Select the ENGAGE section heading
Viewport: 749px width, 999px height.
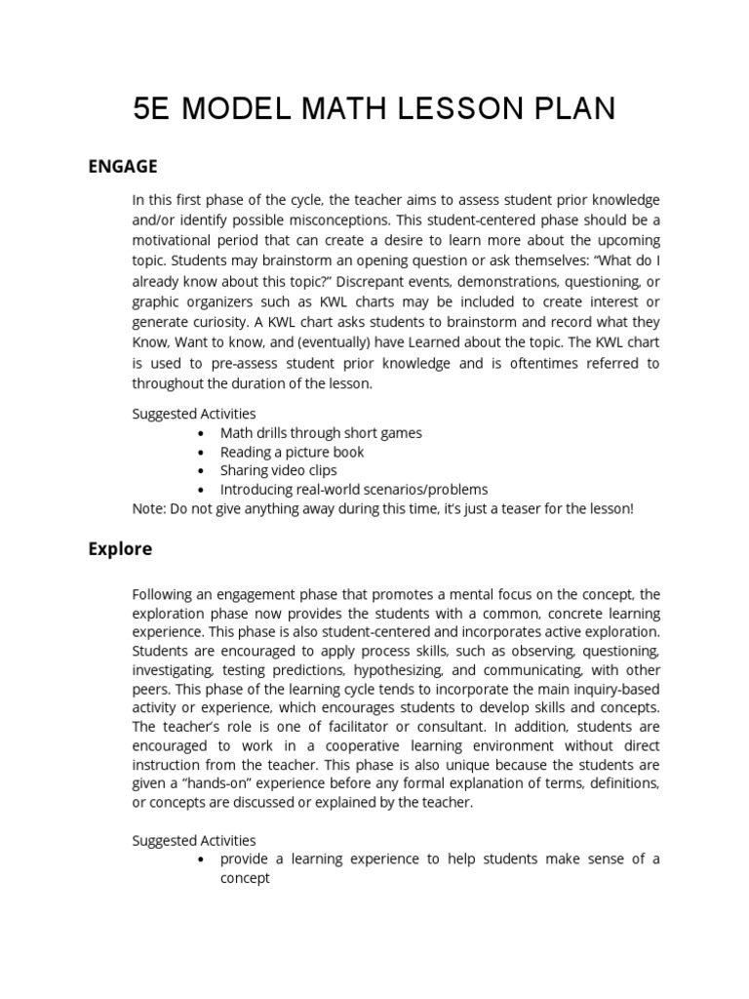[x=122, y=166]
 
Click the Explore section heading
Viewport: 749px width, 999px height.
[x=120, y=548]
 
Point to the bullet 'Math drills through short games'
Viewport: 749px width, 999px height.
[x=321, y=432]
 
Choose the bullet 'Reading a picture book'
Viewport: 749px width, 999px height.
[x=292, y=452]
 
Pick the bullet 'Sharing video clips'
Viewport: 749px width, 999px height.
[x=278, y=470]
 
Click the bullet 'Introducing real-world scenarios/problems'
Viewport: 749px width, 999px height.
[x=353, y=489]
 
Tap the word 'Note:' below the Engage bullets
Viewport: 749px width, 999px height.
[x=149, y=508]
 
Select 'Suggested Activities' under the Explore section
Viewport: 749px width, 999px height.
[x=194, y=839]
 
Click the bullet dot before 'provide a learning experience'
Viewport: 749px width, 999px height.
[x=201, y=859]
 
